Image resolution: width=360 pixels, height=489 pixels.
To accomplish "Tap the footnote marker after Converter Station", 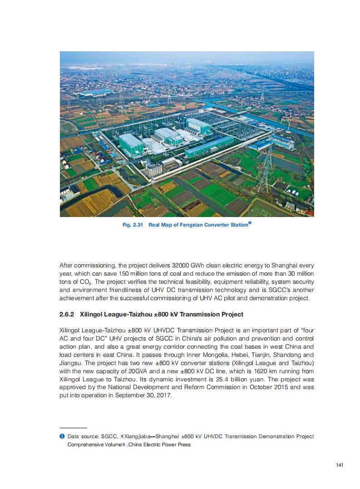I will (x=250, y=223).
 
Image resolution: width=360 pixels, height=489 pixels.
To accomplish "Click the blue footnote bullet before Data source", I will (x=62, y=436).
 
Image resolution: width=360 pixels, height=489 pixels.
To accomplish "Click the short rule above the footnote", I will (x=73, y=428).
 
